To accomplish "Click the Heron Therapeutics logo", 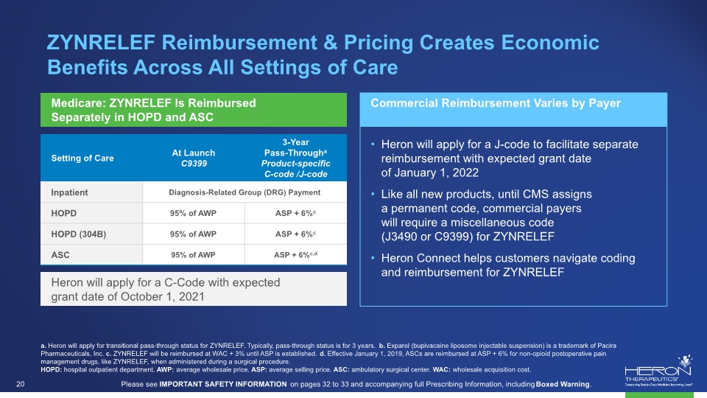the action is click(x=658, y=371).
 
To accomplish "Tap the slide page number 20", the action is click(x=21, y=384).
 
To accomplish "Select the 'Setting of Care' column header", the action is click(x=82, y=158).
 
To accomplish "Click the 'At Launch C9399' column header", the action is click(x=194, y=158).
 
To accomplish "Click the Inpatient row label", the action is click(x=69, y=192).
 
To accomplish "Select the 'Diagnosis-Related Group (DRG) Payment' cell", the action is click(x=245, y=192).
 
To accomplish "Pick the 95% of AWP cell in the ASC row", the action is click(x=193, y=254).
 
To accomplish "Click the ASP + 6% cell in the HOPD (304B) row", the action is click(x=295, y=234).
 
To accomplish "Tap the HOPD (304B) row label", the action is click(x=79, y=234).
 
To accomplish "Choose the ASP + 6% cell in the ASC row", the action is click(x=295, y=254).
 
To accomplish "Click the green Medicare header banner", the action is click(x=194, y=110).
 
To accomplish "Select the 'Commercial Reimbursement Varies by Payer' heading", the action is click(x=496, y=103).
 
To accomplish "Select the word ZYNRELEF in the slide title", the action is click(x=101, y=43).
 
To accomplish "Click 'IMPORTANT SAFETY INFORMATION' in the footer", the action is click(x=222, y=384).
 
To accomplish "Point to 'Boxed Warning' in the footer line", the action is click(x=562, y=384).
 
